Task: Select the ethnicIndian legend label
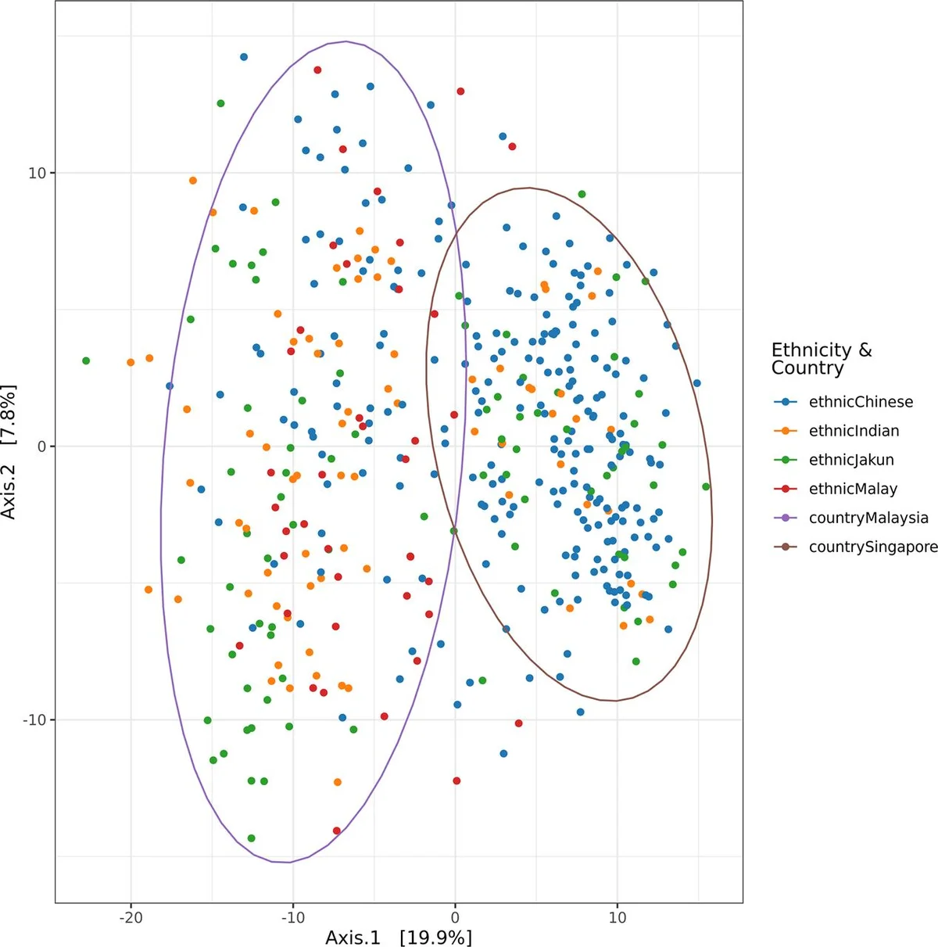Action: pyautogui.click(x=854, y=431)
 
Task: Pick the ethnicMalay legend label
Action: pyautogui.click(x=853, y=489)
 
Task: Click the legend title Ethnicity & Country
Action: pyautogui.click(x=822, y=359)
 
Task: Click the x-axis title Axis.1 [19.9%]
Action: pyautogui.click(x=399, y=937)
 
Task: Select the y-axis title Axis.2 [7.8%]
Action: pyautogui.click(x=9, y=452)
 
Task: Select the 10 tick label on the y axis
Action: pyautogui.click(x=37, y=173)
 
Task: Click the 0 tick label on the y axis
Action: pyautogui.click(x=41, y=447)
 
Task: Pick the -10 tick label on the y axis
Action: pyautogui.click(x=34, y=720)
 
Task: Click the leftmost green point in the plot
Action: pyautogui.click(x=86, y=361)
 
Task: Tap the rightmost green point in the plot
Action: pyautogui.click(x=706, y=486)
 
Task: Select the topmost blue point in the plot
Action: pyautogui.click(x=244, y=57)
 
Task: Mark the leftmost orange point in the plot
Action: pyautogui.click(x=131, y=362)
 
